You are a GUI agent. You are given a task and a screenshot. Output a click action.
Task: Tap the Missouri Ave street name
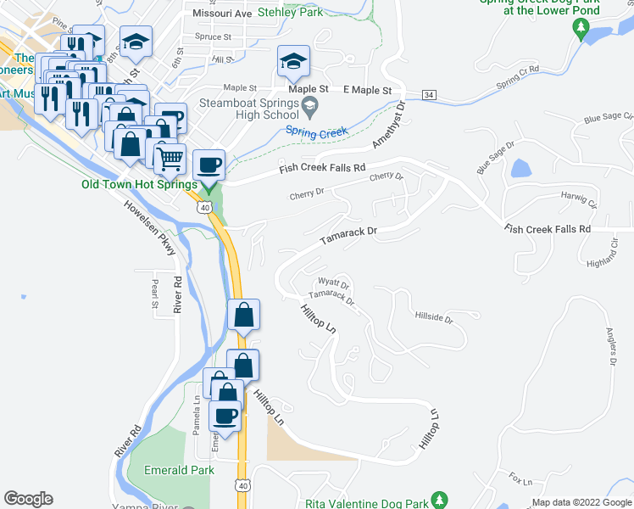222,14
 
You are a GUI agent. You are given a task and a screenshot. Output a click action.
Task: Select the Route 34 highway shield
429,94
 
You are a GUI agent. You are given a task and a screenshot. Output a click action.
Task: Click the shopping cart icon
170,157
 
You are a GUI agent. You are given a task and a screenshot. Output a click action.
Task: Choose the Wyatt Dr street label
333,282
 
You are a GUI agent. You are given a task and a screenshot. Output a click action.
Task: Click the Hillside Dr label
434,319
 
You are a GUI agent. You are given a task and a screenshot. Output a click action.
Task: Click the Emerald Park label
178,469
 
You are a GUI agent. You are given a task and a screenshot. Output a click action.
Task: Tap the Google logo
28,499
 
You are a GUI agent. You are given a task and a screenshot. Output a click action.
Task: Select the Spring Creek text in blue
316,132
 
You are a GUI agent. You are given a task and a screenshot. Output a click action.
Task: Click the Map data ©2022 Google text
581,502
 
